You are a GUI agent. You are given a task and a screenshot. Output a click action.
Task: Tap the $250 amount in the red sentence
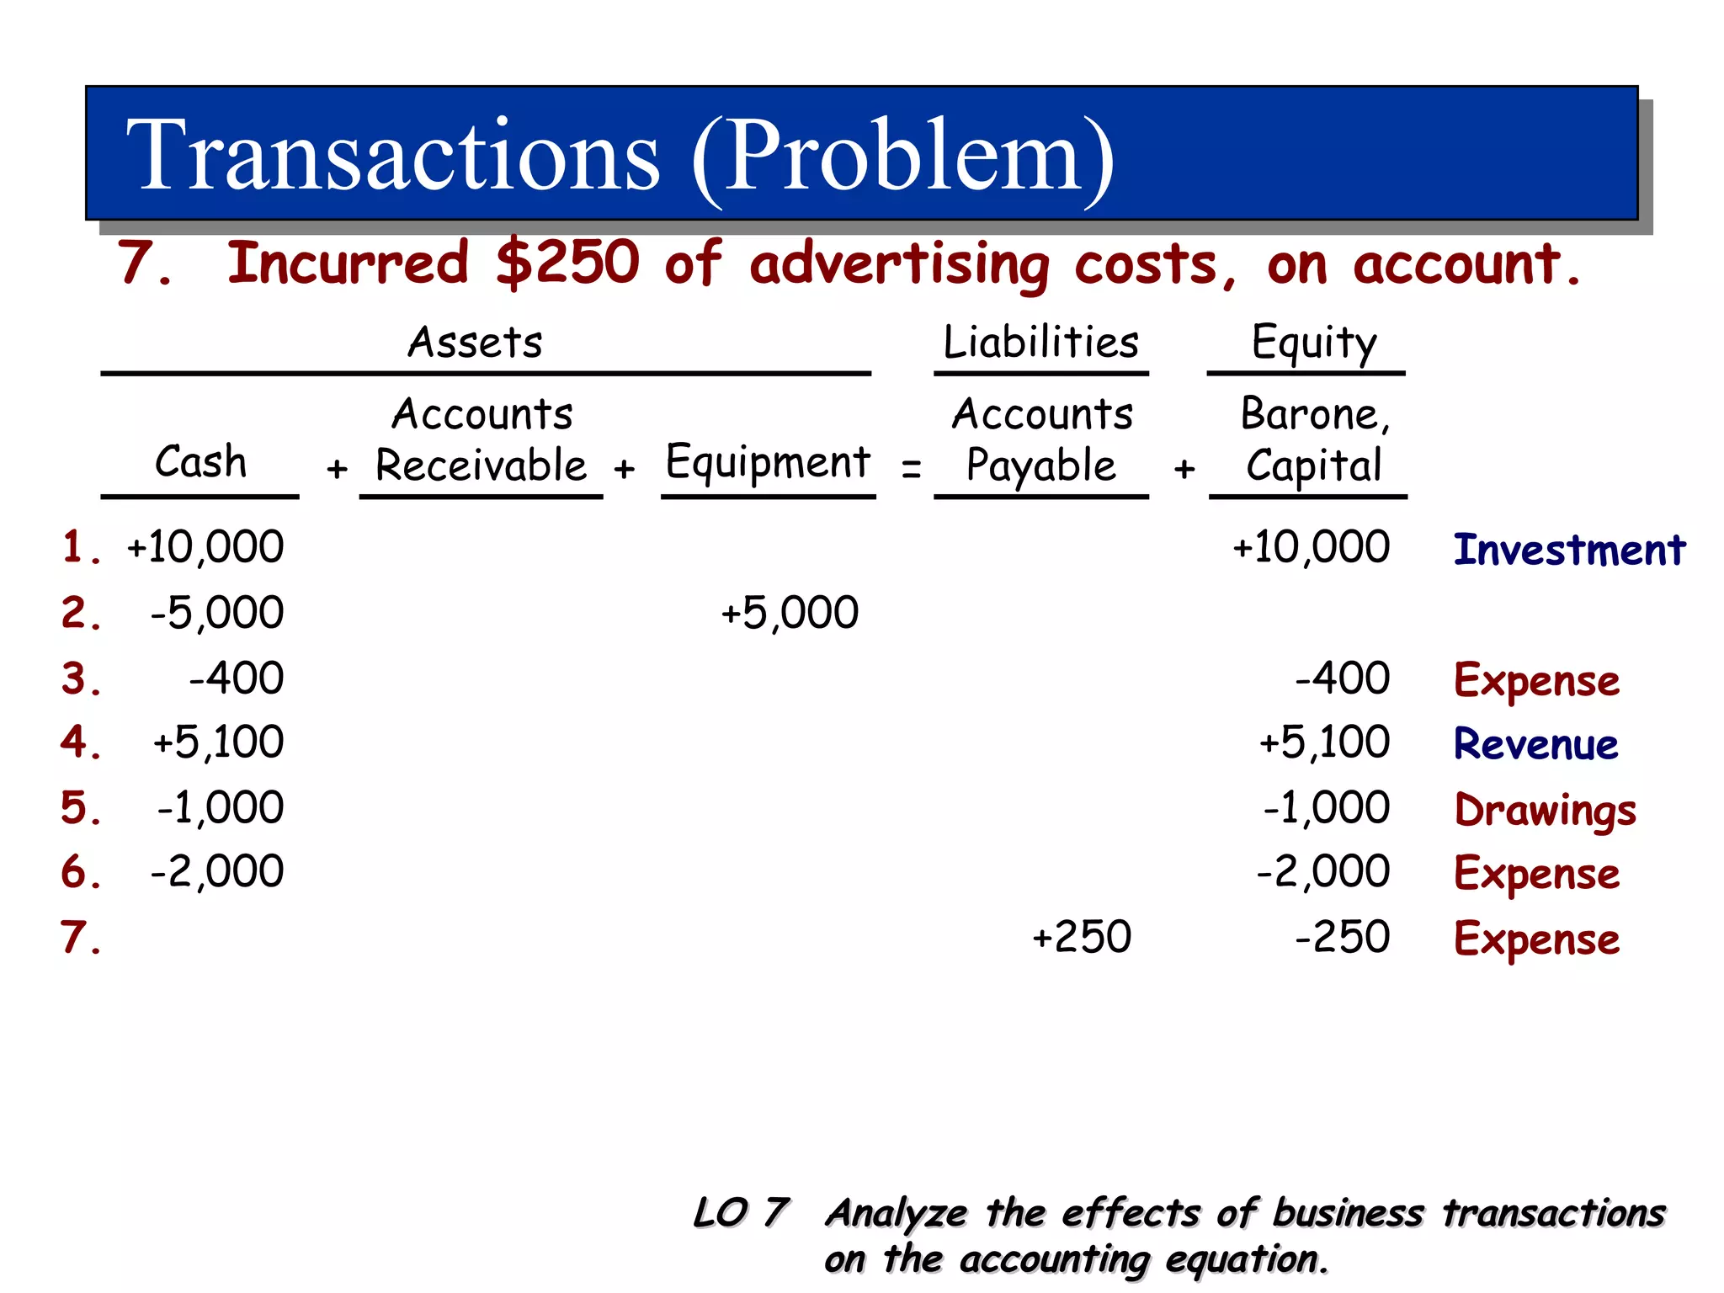[567, 263]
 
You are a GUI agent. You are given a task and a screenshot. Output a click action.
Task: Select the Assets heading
[476, 343]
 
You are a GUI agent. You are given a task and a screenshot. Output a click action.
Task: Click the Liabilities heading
[1041, 343]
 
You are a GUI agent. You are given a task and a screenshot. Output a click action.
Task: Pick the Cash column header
[200, 461]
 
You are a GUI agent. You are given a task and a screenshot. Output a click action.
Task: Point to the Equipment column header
[768, 462]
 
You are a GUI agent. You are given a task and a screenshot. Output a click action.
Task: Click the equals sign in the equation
[911, 468]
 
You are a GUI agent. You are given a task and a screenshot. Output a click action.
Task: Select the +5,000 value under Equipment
[790, 613]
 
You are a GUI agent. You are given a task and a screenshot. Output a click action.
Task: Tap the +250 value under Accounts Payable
[1082, 937]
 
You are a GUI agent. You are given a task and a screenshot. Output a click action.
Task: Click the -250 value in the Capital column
[1343, 937]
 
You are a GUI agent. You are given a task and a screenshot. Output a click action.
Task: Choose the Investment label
[1569, 550]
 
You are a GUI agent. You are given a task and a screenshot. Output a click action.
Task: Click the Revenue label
[1535, 744]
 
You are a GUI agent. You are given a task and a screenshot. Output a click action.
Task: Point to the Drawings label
[1546, 810]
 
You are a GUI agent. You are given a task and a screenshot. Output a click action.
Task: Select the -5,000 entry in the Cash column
[216, 613]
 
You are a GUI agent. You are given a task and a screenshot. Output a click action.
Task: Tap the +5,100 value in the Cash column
[218, 742]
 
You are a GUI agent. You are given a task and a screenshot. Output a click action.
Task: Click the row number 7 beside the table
[81, 937]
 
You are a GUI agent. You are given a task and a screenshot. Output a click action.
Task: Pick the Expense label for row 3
[1536, 680]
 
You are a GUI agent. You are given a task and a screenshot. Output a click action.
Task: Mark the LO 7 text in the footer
[741, 1213]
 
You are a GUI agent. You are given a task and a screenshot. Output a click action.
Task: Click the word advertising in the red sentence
[899, 264]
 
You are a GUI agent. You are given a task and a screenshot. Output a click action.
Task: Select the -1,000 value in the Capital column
[1327, 808]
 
